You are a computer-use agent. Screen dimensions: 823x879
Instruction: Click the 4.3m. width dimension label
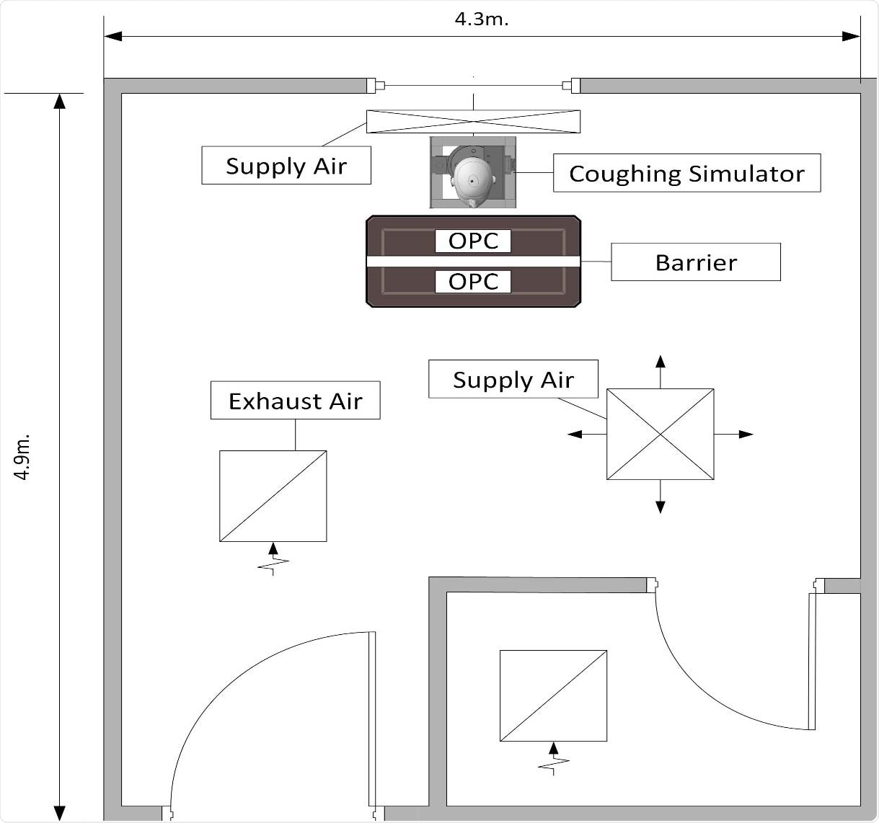tap(481, 19)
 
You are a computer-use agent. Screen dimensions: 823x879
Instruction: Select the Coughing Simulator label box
tap(686, 173)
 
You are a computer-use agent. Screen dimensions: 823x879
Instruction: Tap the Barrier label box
tap(695, 262)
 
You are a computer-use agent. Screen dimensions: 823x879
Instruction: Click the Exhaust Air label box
tap(295, 401)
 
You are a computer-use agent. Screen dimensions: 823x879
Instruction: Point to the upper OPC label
tap(473, 241)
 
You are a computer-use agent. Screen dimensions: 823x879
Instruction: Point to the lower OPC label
tap(473, 281)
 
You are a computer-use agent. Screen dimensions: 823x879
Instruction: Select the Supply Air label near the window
tap(286, 166)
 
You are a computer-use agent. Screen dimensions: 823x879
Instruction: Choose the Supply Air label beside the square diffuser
tap(513, 379)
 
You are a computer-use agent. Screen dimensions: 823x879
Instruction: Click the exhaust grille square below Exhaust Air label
tap(273, 496)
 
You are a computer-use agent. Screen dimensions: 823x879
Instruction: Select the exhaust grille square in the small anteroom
tap(553, 695)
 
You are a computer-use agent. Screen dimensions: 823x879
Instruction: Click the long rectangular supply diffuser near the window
tap(473, 122)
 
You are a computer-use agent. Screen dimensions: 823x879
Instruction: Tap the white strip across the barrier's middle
tap(473, 261)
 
